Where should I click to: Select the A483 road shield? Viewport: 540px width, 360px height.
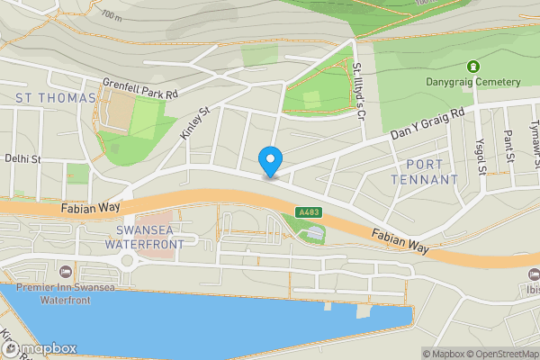[x=308, y=212]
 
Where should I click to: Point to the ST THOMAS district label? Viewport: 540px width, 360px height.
[x=55, y=97]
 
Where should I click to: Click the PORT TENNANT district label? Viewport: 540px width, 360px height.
[x=426, y=172]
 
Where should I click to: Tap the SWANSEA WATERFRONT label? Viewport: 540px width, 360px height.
[x=145, y=237]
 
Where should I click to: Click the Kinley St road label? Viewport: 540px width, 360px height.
[x=194, y=122]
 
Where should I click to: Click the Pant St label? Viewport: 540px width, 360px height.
[x=509, y=144]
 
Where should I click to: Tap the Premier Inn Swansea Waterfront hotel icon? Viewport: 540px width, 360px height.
[x=65, y=271]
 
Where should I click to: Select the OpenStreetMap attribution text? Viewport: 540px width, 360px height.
[x=500, y=354]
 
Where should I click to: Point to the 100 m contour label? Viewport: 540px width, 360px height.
[x=112, y=16]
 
